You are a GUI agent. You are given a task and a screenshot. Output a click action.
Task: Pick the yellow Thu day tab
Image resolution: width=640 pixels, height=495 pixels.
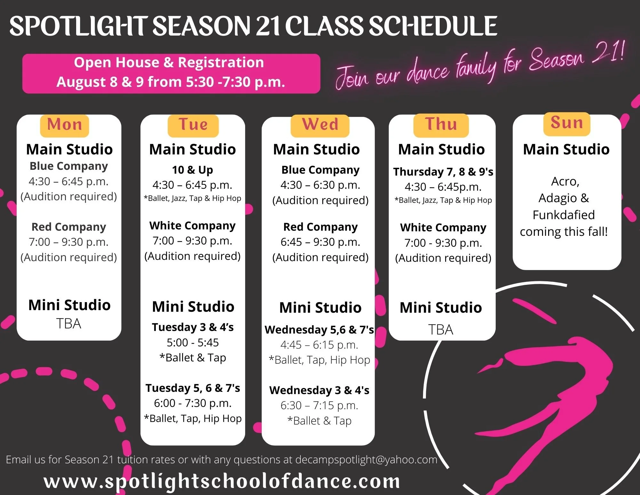441,125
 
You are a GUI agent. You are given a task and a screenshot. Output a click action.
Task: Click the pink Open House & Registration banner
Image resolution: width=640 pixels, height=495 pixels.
171,73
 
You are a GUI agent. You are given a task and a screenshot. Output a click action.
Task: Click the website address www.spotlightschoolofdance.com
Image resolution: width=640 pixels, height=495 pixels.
222,481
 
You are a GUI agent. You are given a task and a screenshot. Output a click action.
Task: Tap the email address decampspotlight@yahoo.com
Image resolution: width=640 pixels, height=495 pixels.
366,459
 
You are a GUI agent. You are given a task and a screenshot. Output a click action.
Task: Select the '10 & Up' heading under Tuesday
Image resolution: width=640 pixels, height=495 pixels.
192,169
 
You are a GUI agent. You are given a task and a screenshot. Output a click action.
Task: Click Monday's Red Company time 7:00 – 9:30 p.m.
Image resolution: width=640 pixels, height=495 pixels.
68,242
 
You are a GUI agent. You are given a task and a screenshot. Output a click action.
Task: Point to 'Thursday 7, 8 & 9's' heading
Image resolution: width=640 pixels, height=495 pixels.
443,172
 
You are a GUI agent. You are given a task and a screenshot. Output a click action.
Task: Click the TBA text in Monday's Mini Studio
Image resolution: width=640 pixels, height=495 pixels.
68,324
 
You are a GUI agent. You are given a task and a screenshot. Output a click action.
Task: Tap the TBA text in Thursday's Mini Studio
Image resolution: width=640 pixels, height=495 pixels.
441,330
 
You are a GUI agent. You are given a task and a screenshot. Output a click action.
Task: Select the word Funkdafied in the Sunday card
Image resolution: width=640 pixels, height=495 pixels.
564,215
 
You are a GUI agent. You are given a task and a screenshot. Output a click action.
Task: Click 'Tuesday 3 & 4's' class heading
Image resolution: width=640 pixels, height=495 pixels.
193,327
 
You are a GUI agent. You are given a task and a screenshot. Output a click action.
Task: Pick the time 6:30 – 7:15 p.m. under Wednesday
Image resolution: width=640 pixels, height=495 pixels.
319,405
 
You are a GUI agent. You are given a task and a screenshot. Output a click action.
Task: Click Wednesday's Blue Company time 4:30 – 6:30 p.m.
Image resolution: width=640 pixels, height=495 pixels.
320,185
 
